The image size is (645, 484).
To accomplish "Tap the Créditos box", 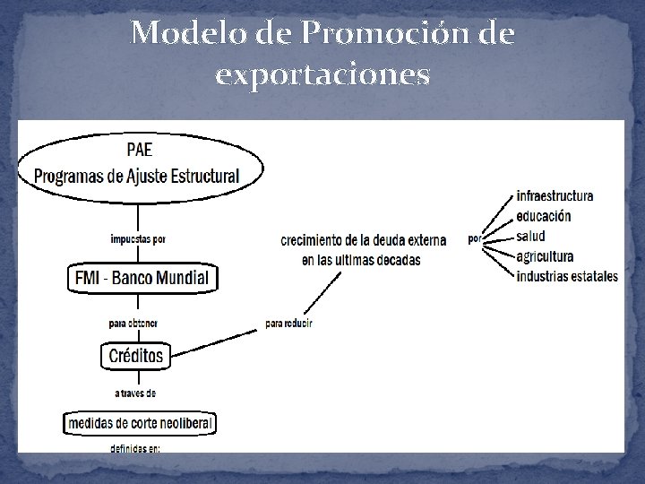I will [x=136, y=356].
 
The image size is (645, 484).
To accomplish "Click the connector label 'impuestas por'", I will [x=138, y=238].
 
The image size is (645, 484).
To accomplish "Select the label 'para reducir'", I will [x=289, y=323].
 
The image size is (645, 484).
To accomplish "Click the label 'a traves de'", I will [x=134, y=392].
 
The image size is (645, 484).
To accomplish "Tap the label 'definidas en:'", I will [x=135, y=448].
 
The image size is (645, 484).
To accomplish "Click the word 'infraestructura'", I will [x=555, y=196].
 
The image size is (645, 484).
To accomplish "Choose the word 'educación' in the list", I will [x=543, y=216].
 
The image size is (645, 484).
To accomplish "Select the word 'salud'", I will [x=530, y=236].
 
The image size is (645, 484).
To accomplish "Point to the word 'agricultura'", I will [x=545, y=256].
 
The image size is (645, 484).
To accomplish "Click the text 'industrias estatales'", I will [x=567, y=276].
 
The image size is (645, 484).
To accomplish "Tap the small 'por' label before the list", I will [x=474, y=239].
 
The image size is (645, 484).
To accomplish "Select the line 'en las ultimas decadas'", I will [x=361, y=260].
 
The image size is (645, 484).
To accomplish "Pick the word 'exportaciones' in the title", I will [x=322, y=75].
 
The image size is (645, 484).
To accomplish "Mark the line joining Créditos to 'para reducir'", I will [x=215, y=341].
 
